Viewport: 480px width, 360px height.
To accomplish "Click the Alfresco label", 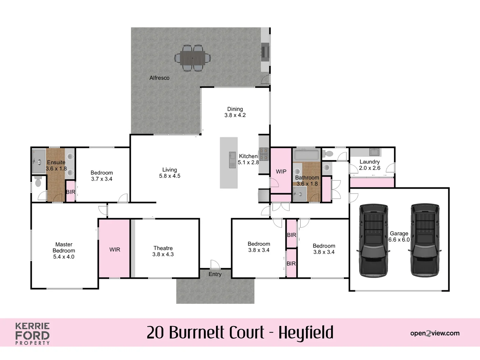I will coord(159,78).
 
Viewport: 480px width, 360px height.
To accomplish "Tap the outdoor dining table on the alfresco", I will coord(193,58).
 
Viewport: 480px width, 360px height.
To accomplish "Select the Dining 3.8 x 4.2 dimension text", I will coord(235,115).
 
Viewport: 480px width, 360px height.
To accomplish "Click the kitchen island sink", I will coord(232,160).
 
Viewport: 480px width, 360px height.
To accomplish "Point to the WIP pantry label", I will coord(281,172).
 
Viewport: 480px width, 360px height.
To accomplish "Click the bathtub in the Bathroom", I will coord(306,155).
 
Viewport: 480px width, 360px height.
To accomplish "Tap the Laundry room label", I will coord(369,162).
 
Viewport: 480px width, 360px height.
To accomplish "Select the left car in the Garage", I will coord(373,240).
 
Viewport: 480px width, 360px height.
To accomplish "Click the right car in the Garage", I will coord(425,240).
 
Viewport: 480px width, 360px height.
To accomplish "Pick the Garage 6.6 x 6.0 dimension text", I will coord(399,240).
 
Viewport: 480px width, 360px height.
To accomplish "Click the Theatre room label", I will coord(163,248).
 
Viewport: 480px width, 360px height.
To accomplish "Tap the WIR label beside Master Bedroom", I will coord(115,250).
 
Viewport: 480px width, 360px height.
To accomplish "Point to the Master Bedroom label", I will coord(64,248).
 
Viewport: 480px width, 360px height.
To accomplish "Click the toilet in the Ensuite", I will coord(38,182).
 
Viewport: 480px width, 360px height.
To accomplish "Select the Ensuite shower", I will coord(38,161).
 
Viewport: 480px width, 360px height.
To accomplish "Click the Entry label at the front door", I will coord(215,274).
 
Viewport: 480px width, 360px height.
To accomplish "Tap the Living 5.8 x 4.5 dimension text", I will coord(170,176).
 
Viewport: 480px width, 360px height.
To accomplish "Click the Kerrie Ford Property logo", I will coord(32,333).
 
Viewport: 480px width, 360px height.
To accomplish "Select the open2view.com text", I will coord(435,333).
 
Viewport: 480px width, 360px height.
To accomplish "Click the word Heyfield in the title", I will coord(306,333).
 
